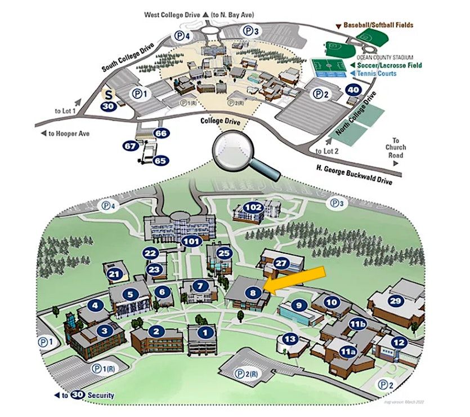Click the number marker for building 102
pyautogui.click(x=254, y=207)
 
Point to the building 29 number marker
pyautogui.click(x=396, y=301)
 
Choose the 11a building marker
pyautogui.click(x=347, y=352)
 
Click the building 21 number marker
pyautogui.click(x=115, y=274)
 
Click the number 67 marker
pyautogui.click(x=131, y=146)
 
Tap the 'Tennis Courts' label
pyautogui.click(x=377, y=73)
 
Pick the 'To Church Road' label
pyautogui.click(x=399, y=148)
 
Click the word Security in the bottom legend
pyautogui.click(x=100, y=395)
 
